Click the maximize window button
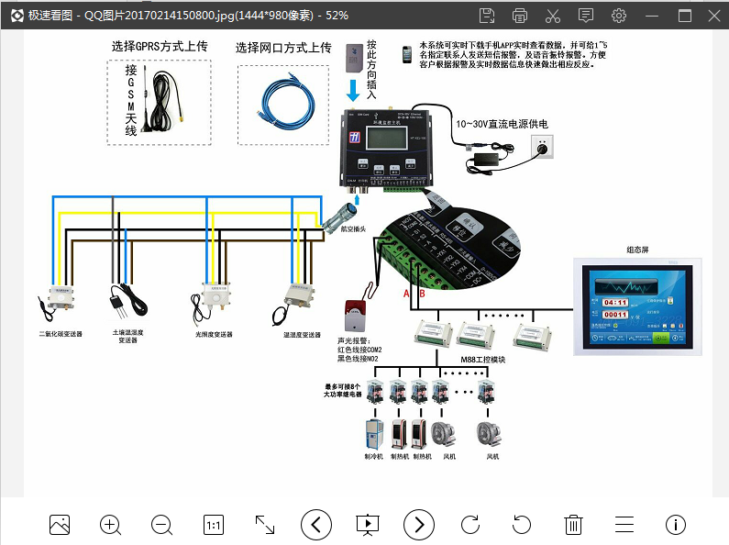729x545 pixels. pyautogui.click(x=685, y=16)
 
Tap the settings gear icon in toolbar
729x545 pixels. pyautogui.click(x=619, y=16)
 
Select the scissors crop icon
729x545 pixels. pyautogui.click(x=552, y=16)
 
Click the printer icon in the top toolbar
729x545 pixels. pyautogui.click(x=520, y=16)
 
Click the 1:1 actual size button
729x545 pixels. pyautogui.click(x=213, y=525)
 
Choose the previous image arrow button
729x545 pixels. pyautogui.click(x=316, y=525)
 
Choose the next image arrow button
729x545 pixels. pyautogui.click(x=419, y=525)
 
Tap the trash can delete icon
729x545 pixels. pyautogui.click(x=573, y=525)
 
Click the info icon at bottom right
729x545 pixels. pyautogui.click(x=676, y=525)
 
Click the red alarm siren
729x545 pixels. pyautogui.click(x=352, y=315)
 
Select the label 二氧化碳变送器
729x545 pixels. pyautogui.click(x=61, y=335)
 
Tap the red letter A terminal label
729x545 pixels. pyautogui.click(x=406, y=293)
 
